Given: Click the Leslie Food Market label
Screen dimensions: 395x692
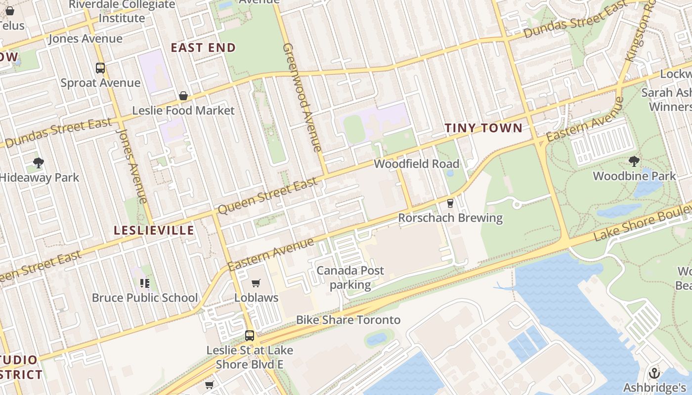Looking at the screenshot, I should tap(183, 110).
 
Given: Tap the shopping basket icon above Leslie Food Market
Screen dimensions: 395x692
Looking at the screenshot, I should tap(183, 95).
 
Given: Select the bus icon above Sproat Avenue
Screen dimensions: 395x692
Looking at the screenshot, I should tap(100, 68).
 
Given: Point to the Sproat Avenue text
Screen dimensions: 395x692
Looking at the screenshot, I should tap(100, 82).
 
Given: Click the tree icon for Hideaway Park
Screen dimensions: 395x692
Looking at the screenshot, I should tap(39, 163).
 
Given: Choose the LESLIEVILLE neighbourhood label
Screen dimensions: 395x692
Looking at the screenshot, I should tap(154, 230).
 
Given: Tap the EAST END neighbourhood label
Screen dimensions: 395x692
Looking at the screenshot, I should tap(203, 47).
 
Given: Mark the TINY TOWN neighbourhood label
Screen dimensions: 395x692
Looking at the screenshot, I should tap(483, 128).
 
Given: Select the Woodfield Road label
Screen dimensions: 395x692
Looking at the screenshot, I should tap(416, 163).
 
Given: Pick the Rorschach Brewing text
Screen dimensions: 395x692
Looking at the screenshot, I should tap(450, 217).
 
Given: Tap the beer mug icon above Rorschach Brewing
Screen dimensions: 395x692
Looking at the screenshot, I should tap(450, 203).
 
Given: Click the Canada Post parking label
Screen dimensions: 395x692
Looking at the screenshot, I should tap(350, 277).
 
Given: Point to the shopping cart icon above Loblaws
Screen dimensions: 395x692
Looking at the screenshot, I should tap(256, 283).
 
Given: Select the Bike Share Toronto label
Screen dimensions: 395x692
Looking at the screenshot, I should tap(348, 319).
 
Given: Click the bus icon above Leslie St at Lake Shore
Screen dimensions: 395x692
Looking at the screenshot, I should tap(250, 336).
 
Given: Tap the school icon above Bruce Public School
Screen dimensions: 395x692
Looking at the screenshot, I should tap(144, 283).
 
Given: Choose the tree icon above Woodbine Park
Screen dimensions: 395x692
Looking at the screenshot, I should tap(634, 161).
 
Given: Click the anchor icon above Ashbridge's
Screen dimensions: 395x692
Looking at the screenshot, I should tap(654, 373).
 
